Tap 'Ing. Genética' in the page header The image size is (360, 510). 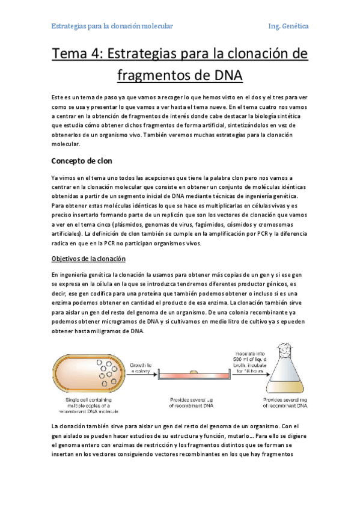pos(288,26)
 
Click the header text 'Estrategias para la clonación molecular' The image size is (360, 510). pos(112,26)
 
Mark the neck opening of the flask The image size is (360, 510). pos(287,346)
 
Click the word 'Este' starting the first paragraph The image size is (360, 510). pos(58,97)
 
